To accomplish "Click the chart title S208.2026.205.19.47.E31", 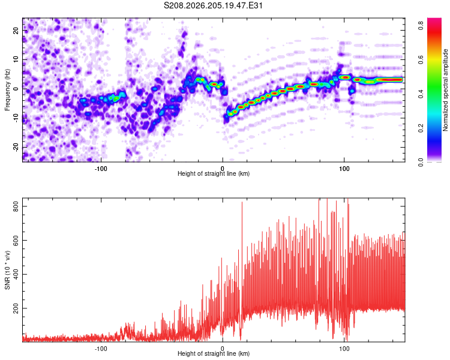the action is click(x=213, y=5).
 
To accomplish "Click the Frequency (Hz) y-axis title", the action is click(x=7, y=90).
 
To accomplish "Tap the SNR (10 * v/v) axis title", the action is click(x=7, y=270).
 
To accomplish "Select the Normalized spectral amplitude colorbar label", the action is click(x=445, y=90).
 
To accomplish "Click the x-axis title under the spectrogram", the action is click(x=214, y=173).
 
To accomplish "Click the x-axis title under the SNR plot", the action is click(x=214, y=353).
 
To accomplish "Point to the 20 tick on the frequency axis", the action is click(x=16, y=31).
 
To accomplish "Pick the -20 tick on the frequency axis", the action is click(x=16, y=148).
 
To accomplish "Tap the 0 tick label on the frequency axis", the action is click(x=16, y=89).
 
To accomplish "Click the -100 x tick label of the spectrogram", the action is click(x=101, y=169).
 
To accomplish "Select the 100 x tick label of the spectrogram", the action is click(x=344, y=169).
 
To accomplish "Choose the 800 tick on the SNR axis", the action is click(x=16, y=206).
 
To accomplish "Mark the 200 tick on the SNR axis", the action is click(x=16, y=308).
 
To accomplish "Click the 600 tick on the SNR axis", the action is click(x=16, y=240).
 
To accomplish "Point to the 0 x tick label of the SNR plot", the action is click(x=223, y=349).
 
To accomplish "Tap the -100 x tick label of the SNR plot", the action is click(x=101, y=349).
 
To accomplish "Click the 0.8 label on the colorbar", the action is click(x=421, y=26).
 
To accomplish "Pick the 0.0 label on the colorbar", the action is click(x=421, y=163).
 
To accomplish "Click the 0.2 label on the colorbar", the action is click(x=421, y=128).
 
